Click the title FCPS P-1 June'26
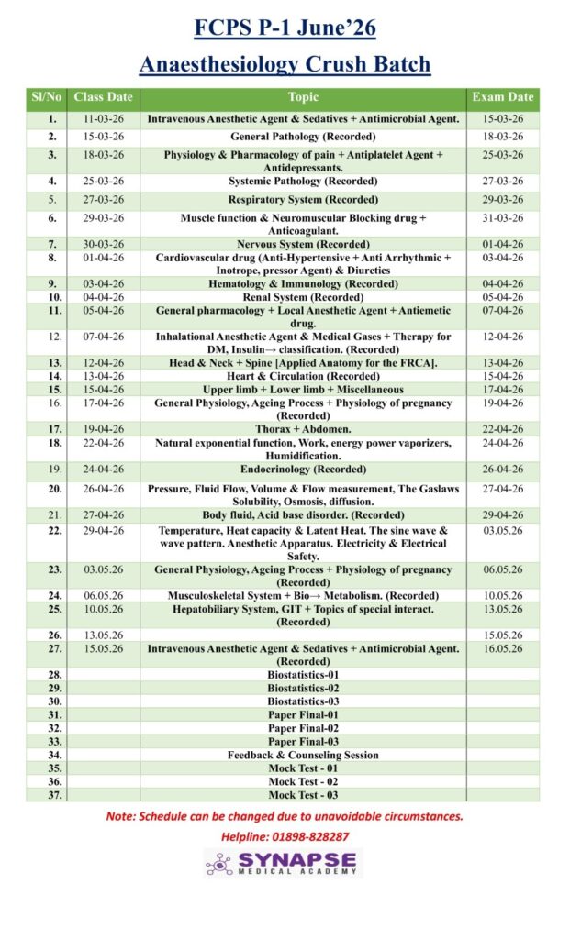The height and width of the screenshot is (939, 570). pyautogui.click(x=285, y=28)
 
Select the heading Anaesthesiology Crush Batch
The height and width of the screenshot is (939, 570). pyautogui.click(x=285, y=65)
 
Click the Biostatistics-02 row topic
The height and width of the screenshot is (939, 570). pyautogui.click(x=303, y=688)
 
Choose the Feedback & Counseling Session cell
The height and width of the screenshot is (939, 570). pyautogui.click(x=303, y=755)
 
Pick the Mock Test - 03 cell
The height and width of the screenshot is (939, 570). pyautogui.click(x=303, y=795)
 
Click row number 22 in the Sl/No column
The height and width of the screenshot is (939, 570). pyautogui.click(x=54, y=531)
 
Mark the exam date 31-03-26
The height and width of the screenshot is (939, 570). pyautogui.click(x=502, y=218)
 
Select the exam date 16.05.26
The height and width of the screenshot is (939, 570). pyautogui.click(x=502, y=648)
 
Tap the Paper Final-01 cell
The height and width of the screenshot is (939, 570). pyautogui.click(x=303, y=714)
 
